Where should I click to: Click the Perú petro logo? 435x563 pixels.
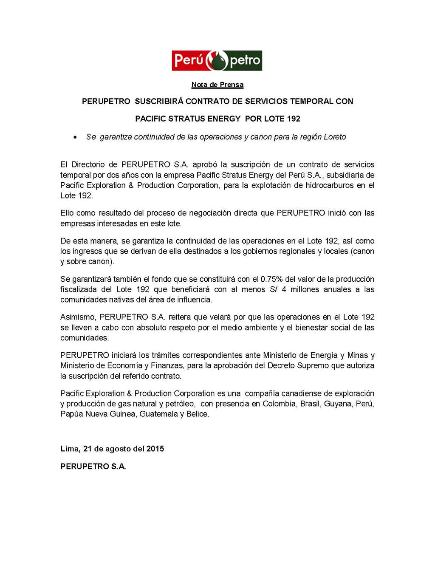point(217,60)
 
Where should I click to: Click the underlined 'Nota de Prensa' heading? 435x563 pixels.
point(217,85)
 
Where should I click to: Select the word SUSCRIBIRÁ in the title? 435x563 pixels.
point(159,101)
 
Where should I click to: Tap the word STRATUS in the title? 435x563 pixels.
point(186,119)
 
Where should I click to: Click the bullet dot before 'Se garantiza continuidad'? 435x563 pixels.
point(75,137)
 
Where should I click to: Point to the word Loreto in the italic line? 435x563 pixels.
point(335,137)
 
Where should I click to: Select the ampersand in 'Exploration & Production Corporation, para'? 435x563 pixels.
point(131,185)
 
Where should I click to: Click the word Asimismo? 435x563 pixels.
point(78,317)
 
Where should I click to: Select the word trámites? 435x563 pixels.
point(169,355)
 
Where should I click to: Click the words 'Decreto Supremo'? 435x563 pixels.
point(294,365)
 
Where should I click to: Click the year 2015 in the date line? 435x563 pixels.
point(155,449)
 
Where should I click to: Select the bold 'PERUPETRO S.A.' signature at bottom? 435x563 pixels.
point(93,466)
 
